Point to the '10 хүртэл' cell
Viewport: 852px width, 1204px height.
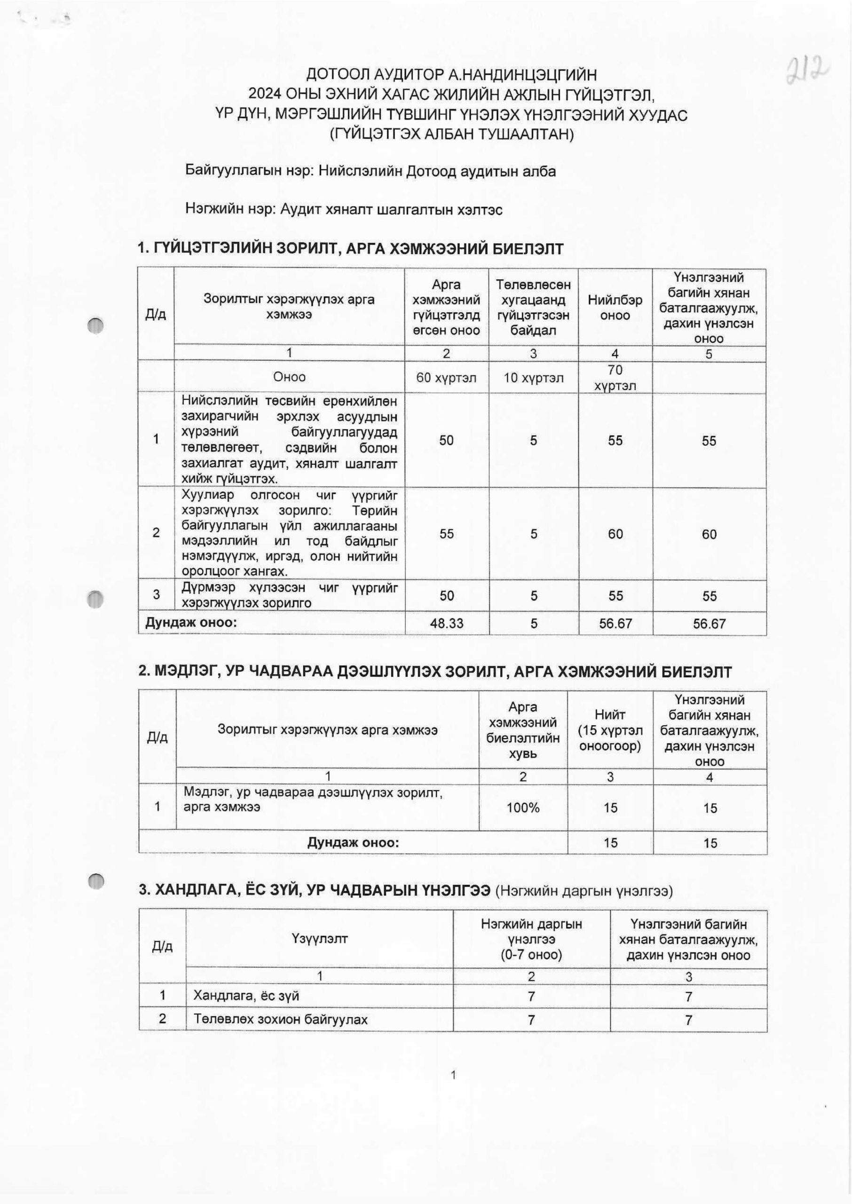pyautogui.click(x=533, y=377)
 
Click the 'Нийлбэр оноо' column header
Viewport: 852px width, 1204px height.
pyautogui.click(x=615, y=308)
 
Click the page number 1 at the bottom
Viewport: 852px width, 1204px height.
pyautogui.click(x=453, y=1091)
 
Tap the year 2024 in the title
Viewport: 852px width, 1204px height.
pyautogui.click(x=266, y=95)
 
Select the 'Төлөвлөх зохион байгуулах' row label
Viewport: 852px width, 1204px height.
pyautogui.click(x=281, y=1019)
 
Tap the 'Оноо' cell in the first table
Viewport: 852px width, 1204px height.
pyautogui.click(x=289, y=377)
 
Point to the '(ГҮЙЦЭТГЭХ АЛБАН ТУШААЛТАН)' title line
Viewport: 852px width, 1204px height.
pyautogui.click(x=452, y=135)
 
